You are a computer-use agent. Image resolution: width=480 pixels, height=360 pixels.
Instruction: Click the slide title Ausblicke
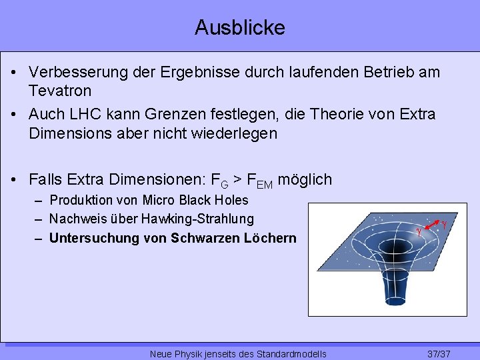tap(240, 27)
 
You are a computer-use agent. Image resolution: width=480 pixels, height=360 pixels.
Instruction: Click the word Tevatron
tap(60, 89)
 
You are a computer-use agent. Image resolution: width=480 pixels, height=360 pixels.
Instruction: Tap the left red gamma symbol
tap(419, 232)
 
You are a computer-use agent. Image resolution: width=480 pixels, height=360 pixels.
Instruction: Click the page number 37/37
tap(439, 353)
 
